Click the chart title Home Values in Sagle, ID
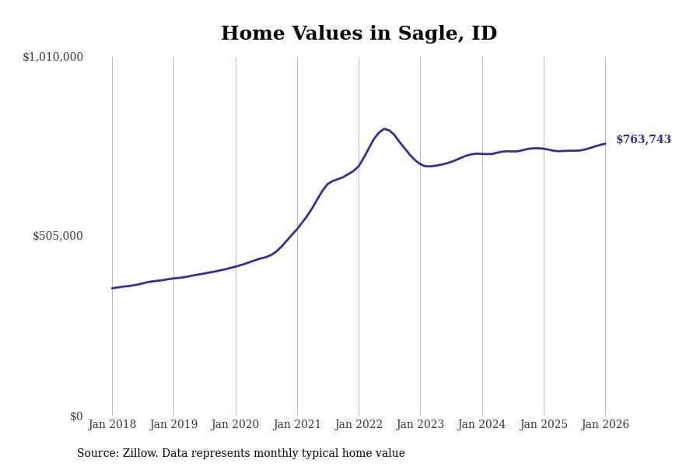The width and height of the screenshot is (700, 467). tap(359, 34)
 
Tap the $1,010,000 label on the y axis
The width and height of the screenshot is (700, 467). tap(53, 57)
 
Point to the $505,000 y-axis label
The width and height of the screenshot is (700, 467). tap(58, 236)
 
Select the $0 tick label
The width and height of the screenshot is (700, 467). tap(76, 416)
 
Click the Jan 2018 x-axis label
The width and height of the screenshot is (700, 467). tap(112, 424)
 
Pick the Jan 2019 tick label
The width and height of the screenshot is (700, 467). tap(173, 424)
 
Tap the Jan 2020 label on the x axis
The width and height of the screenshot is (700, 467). tap(235, 424)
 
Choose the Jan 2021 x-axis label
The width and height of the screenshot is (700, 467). tap(297, 424)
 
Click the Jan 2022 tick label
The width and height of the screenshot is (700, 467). tap(359, 424)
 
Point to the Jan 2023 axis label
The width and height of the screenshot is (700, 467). tap(420, 424)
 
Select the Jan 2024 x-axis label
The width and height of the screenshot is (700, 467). tap(481, 424)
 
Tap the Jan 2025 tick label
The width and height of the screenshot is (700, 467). tap(544, 424)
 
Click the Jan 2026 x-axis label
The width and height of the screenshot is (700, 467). tap(605, 424)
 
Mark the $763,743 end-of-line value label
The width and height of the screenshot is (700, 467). tap(643, 140)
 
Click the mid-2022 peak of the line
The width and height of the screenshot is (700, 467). tap(384, 128)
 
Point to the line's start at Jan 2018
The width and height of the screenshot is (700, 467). tap(112, 288)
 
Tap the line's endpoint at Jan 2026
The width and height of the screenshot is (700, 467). tap(605, 143)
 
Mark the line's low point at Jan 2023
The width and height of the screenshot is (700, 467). tap(426, 166)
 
